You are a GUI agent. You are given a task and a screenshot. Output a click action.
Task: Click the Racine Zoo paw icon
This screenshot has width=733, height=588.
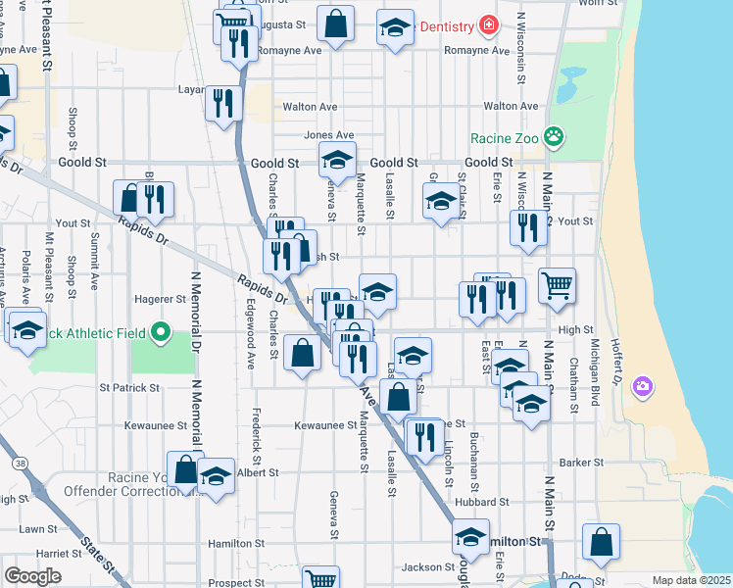coord(554,138)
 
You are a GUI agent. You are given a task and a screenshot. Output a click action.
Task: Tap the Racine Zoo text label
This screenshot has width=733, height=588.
coord(504,138)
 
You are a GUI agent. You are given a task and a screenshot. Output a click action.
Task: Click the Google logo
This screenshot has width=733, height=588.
coord(32,575)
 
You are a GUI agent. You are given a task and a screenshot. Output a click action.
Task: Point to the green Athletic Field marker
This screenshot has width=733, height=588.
coord(162,333)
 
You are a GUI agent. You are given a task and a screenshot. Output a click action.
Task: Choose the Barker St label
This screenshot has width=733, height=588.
coord(577,463)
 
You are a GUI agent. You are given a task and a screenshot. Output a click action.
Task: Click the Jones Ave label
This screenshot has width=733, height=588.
coord(329,135)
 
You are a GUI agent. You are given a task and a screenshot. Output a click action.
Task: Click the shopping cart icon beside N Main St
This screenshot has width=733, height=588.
coord(557,285)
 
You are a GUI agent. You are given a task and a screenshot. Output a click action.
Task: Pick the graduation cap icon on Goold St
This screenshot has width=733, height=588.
coord(336,159)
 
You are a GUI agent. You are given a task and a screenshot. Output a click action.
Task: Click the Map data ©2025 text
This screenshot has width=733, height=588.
coord(691,580)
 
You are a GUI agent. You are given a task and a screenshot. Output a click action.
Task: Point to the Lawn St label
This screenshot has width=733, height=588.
coord(37,528)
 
